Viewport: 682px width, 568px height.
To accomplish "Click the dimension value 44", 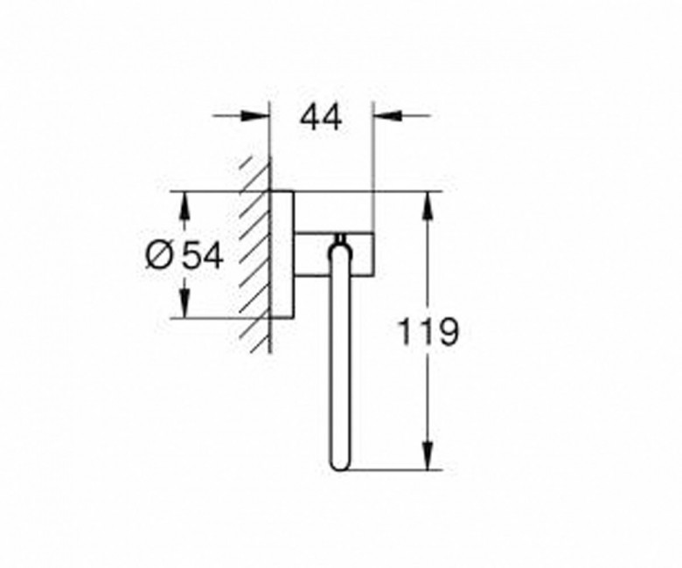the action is click(321, 118).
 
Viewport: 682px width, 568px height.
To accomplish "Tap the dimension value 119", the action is click(428, 332).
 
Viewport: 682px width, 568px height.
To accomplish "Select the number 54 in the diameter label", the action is click(202, 255).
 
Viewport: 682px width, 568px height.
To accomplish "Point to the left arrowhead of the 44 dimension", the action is click(255, 115).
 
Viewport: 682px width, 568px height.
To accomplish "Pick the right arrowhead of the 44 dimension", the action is click(387, 115).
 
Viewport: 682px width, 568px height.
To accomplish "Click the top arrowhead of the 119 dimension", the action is click(428, 205).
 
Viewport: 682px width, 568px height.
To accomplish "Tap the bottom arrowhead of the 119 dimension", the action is click(428, 455).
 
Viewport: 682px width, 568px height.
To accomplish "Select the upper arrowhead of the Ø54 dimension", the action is click(185, 205).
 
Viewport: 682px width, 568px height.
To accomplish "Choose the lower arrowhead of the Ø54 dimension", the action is click(185, 304).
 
